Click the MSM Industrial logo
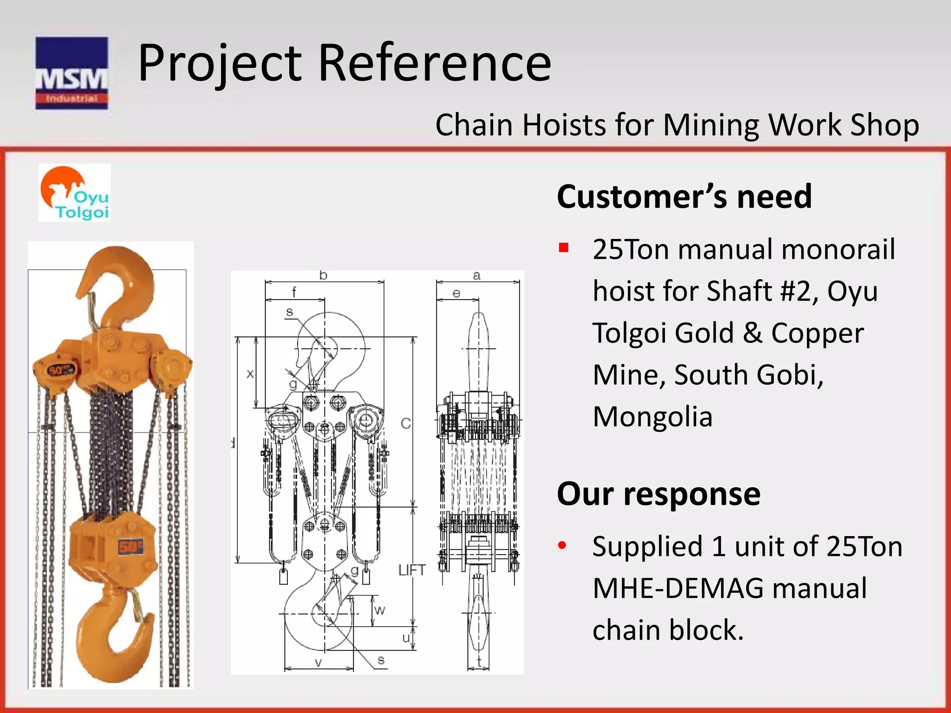pos(72,73)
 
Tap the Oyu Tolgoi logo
pos(75,193)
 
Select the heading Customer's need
pos(684,196)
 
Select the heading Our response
pos(658,493)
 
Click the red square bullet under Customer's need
pos(564,247)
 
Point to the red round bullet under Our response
pos(562,545)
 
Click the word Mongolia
pos(652,416)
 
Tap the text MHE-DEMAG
pos(678,588)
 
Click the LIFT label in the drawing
pos(412,570)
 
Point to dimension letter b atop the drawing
pos(323,275)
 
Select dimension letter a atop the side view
pos(476,275)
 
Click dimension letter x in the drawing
pos(250,373)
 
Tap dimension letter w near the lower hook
pos(379,610)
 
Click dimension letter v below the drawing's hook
pos(319,662)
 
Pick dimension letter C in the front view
pos(406,423)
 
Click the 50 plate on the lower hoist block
pos(130,547)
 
